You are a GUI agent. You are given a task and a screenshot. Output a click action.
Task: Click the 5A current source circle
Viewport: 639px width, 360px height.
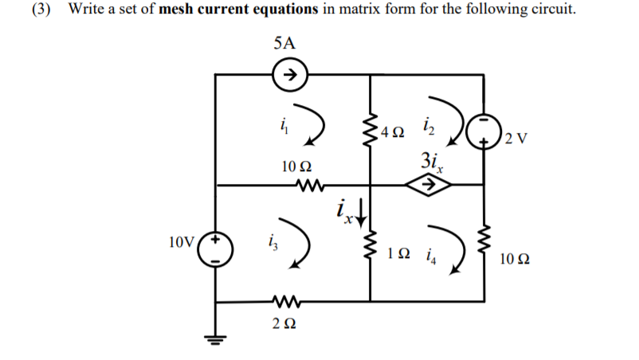click(291, 76)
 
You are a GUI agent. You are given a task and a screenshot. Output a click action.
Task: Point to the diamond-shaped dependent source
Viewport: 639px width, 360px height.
click(427, 186)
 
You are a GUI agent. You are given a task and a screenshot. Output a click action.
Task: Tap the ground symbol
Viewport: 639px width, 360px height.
click(218, 339)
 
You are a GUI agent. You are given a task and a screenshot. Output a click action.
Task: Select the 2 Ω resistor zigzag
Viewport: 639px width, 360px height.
click(284, 301)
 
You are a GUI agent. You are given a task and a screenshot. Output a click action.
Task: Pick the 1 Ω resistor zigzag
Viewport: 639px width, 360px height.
click(370, 252)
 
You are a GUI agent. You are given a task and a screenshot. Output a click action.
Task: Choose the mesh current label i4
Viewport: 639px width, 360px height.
click(431, 256)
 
